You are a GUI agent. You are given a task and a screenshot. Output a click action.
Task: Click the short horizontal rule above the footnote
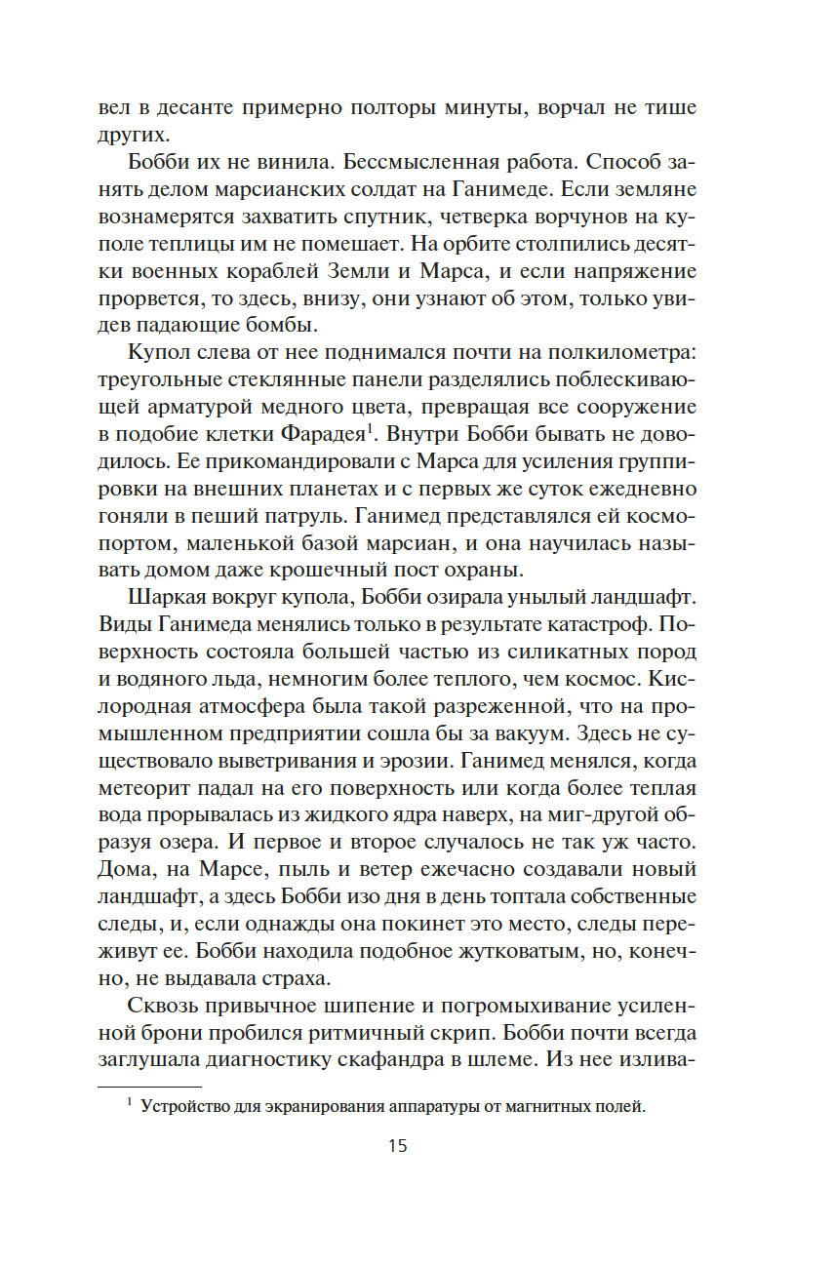tap(150, 1086)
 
